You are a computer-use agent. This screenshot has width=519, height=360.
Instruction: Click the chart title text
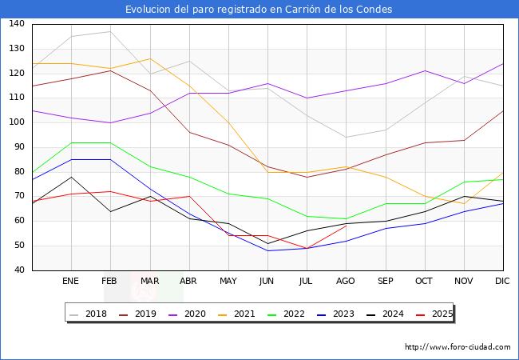pyautogui.click(x=259, y=10)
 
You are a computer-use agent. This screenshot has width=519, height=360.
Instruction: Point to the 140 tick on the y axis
pyautogui.click(x=17, y=24)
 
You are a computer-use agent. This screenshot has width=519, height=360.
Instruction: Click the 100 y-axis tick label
pyautogui.click(x=17, y=122)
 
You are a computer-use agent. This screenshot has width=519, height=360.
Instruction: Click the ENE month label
pyautogui.click(x=71, y=282)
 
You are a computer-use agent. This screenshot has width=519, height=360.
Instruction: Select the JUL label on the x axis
pyautogui.click(x=307, y=282)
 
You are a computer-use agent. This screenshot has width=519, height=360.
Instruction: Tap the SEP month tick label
pyautogui.click(x=385, y=282)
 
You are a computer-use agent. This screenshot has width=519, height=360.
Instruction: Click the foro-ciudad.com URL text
pyautogui.click(x=458, y=347)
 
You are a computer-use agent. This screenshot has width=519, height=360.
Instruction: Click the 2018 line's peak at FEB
pyautogui.click(x=110, y=31)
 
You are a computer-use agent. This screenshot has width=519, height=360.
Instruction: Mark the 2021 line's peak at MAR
pyautogui.click(x=149, y=58)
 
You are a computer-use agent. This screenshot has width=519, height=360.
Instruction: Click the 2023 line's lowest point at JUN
pyautogui.click(x=267, y=250)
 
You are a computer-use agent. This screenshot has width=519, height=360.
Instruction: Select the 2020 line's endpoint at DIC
pyautogui.click(x=503, y=63)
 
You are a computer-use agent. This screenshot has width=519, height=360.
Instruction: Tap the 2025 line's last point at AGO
pyautogui.click(x=346, y=226)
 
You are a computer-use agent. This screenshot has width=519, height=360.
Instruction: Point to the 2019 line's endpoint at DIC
pyautogui.click(x=503, y=110)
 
